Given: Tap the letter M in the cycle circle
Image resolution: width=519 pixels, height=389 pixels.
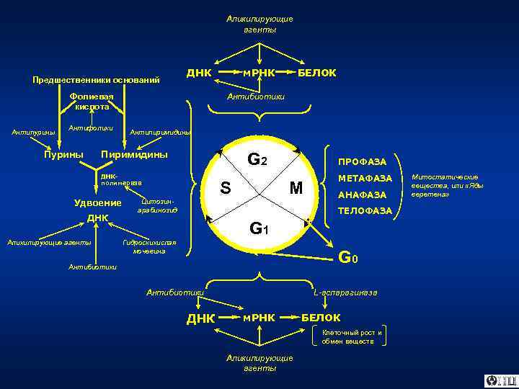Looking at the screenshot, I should [x=296, y=189].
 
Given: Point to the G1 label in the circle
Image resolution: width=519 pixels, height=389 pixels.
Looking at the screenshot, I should [x=259, y=229].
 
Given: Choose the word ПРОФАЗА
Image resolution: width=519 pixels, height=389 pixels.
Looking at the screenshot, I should [x=363, y=161].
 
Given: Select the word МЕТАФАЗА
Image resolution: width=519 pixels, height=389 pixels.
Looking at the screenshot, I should [x=365, y=178].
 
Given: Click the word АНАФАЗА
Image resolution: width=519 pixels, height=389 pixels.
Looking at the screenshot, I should [x=362, y=194].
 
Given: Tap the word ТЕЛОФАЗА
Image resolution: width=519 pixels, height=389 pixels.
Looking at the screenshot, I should [x=365, y=211].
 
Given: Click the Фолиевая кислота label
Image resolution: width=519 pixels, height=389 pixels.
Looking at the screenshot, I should [x=92, y=101].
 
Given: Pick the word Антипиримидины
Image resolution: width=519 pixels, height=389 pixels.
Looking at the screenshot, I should [x=160, y=133].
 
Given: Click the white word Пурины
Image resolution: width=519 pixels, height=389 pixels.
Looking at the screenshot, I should [x=63, y=154].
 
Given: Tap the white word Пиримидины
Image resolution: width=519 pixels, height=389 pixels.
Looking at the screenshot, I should [x=135, y=154].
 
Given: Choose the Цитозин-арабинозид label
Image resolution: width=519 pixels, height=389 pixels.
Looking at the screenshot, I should [x=157, y=205].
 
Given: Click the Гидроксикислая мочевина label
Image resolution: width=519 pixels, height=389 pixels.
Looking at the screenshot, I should [x=149, y=246].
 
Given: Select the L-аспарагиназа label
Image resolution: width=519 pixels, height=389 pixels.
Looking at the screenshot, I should [x=345, y=292].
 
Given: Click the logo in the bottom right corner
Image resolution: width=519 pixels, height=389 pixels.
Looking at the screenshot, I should [x=500, y=380].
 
